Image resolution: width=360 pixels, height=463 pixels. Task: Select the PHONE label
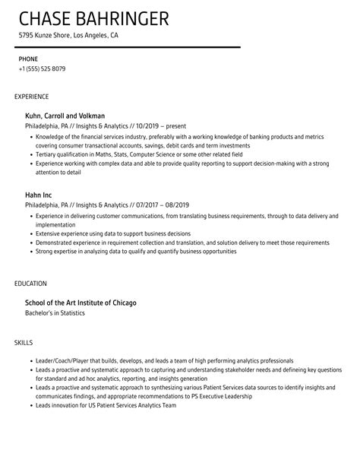[x=28, y=59]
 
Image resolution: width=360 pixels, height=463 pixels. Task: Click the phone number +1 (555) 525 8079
[x=42, y=68]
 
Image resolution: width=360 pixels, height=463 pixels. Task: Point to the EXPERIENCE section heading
[x=32, y=97]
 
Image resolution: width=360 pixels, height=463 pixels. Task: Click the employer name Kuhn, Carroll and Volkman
[x=65, y=116]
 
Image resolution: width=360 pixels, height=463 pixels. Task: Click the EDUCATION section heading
[x=30, y=284]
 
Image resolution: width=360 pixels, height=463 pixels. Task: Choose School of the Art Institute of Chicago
[x=81, y=303]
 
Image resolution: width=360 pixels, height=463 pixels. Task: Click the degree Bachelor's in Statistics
[x=55, y=312]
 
